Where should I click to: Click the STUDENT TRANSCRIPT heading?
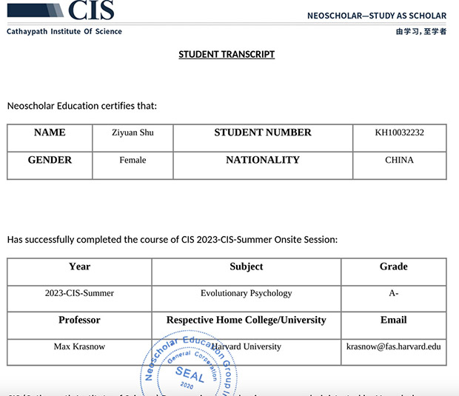coord(227,54)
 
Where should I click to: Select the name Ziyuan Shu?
coord(133,133)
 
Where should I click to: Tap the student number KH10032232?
coord(399,133)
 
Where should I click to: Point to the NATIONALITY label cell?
coord(263,160)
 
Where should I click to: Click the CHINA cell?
coord(399,160)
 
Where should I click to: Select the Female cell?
coord(133,160)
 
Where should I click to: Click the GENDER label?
coord(50,160)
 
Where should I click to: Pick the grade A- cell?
coord(393,293)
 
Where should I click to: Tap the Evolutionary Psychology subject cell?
coord(246,293)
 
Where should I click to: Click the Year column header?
coord(79,266)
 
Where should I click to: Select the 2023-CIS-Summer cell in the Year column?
coord(79,293)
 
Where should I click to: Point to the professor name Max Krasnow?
coord(79,346)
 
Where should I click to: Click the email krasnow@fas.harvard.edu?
coord(393,346)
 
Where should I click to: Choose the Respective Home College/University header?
coord(246,320)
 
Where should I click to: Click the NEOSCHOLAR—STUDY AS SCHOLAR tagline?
coord(376,16)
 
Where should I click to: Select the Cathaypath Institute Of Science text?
coord(64,32)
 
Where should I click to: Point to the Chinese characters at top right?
coord(421,32)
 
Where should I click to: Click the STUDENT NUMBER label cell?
coord(263,133)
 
